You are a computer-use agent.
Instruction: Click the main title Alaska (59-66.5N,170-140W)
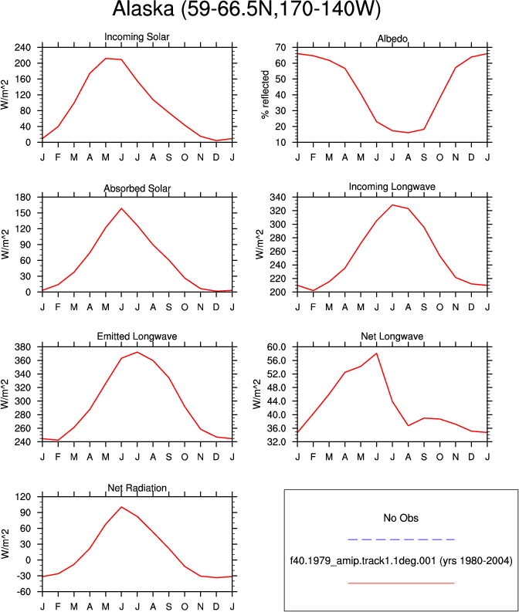[x=246, y=8]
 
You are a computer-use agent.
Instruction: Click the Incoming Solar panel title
[x=137, y=37]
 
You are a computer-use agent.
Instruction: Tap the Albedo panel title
[x=392, y=39]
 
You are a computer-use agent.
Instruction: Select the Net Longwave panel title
[x=392, y=336]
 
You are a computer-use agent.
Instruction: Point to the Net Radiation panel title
[x=137, y=488]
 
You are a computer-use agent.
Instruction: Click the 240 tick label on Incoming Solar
[x=22, y=48]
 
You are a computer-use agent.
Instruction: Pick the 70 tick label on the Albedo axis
[x=280, y=48]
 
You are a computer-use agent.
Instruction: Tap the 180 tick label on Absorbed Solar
[x=22, y=198]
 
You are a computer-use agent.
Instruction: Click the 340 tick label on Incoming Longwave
[x=278, y=198]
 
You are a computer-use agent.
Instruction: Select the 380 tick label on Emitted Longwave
[x=22, y=347]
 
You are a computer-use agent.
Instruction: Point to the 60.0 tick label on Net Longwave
[x=276, y=347]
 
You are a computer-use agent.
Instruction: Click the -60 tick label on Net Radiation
[x=22, y=592]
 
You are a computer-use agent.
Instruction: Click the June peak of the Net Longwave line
[x=376, y=353]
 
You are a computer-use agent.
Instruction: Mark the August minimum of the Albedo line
[x=408, y=133]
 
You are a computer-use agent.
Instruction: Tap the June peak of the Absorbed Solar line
[x=121, y=208]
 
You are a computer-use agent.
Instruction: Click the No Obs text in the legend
[x=401, y=518]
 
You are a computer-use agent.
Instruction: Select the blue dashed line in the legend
[x=401, y=539]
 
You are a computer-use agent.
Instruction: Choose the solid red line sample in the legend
[x=401, y=583]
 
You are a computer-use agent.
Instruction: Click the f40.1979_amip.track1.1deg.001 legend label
[x=363, y=561]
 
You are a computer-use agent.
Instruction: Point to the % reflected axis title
[x=265, y=94]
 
